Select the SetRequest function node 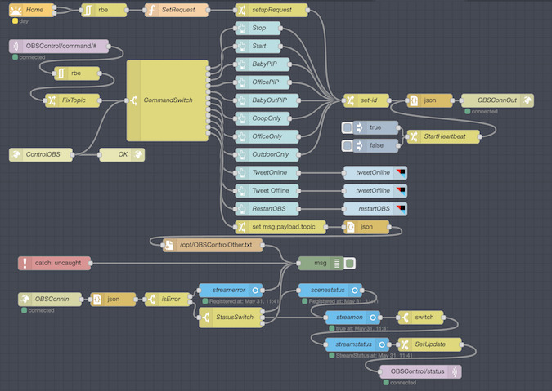(175, 10)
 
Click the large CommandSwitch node (168, 100)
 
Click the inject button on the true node (348, 127)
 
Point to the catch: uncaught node (54, 263)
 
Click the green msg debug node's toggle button (349, 263)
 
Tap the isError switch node (167, 300)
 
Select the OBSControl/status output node (420, 371)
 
